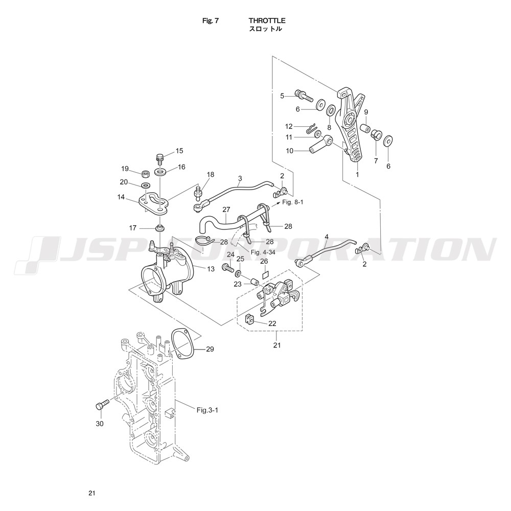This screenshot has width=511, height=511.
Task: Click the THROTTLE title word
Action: (x=267, y=20)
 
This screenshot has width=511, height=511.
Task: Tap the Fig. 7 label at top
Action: (x=211, y=20)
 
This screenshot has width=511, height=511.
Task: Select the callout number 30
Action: (x=100, y=423)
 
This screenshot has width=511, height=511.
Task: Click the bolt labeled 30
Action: (x=102, y=404)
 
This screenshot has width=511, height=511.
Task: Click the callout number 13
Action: (x=211, y=269)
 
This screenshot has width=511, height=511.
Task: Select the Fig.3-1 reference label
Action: (x=207, y=410)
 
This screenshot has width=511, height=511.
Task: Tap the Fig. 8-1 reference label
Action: (x=293, y=202)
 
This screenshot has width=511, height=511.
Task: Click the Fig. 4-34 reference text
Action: (x=262, y=252)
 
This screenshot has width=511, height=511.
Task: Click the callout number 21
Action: (x=276, y=345)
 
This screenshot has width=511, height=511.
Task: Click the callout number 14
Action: (x=121, y=197)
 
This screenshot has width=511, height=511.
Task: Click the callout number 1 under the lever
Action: (x=357, y=174)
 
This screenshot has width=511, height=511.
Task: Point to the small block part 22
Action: (x=249, y=319)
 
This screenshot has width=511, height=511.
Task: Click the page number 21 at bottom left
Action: (x=91, y=493)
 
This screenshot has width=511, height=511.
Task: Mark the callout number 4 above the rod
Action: (x=327, y=236)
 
